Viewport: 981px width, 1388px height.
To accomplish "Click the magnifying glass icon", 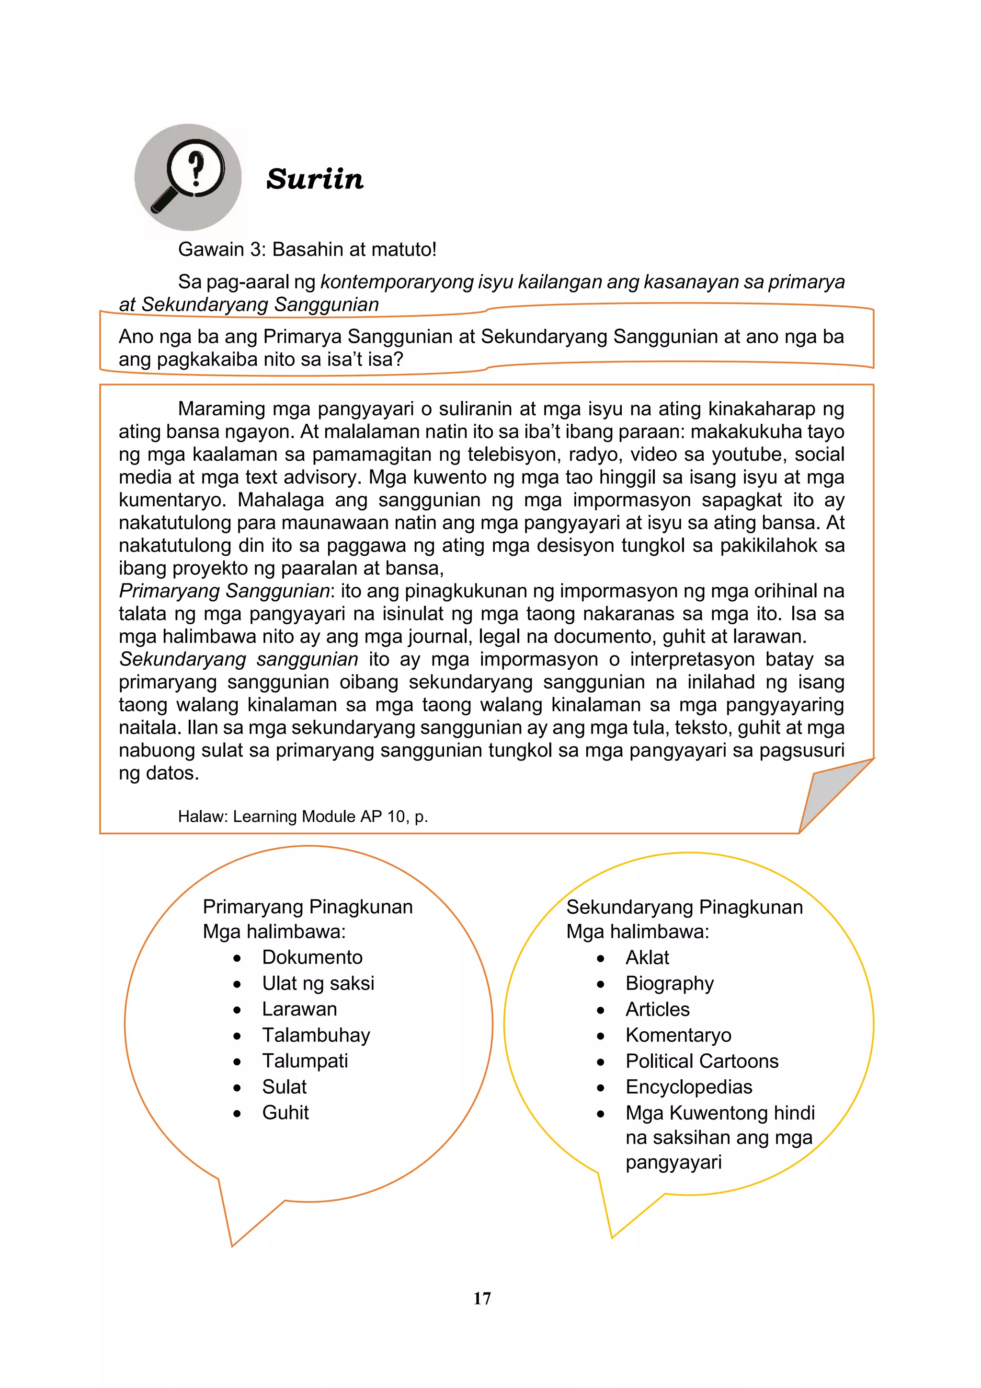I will [188, 176].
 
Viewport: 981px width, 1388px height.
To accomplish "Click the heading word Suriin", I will [315, 179].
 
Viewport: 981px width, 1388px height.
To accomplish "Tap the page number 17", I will [482, 1298].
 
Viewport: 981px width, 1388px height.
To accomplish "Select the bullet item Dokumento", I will [312, 957].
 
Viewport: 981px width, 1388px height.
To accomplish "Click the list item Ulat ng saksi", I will [318, 983].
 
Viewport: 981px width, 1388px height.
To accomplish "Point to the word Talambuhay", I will [316, 1035].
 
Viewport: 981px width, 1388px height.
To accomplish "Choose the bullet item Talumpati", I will [305, 1061].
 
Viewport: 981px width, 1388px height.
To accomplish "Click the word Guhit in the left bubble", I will [285, 1112].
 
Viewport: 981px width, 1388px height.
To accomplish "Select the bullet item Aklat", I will [647, 957].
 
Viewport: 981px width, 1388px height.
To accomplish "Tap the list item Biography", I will [669, 983].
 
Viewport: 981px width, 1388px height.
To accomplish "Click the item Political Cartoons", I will [702, 1061].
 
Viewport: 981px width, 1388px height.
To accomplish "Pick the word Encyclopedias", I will [689, 1086].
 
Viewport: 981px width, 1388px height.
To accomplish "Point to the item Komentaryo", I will [678, 1035].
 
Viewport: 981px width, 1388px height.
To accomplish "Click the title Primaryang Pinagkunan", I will [308, 907].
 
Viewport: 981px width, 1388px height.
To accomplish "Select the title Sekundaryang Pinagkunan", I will [684, 907].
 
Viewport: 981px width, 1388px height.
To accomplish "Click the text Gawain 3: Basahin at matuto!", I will [307, 249].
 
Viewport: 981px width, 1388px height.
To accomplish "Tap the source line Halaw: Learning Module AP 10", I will [303, 816].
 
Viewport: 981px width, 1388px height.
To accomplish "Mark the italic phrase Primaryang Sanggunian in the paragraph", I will [224, 591].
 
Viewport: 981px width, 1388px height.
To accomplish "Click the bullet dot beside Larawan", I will [238, 1010].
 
